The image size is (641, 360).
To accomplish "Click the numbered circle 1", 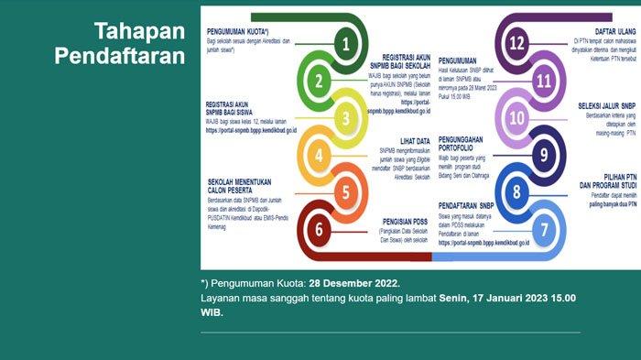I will point(344,43).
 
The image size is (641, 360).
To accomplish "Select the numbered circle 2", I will point(319,81).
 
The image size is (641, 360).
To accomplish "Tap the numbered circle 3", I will point(344,117).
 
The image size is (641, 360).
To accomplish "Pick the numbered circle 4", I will point(319,154).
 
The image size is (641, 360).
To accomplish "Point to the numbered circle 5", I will point(344,191).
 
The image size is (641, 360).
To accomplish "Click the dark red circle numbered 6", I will point(319,229).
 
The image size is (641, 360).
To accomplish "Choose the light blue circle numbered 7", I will point(543,229).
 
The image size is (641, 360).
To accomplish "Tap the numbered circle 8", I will point(516,191).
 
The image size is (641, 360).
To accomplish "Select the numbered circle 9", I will point(543,154).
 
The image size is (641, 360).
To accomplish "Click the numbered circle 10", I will point(516,117).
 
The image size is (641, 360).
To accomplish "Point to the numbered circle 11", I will point(543,81).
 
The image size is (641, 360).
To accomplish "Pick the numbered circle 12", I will point(516,43).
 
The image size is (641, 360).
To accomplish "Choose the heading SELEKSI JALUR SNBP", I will point(607,105).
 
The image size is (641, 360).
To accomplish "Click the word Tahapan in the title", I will point(140,32).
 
